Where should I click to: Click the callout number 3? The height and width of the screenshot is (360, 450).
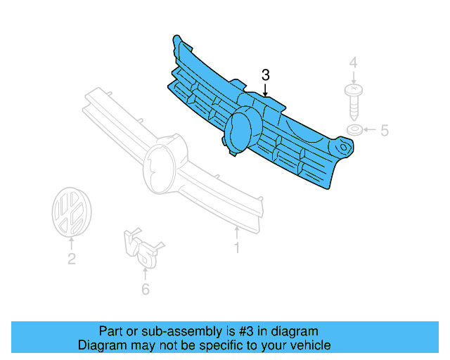click(266, 75)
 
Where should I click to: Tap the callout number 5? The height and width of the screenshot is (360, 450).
click(384, 130)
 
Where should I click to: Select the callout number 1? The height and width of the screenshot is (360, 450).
click(237, 247)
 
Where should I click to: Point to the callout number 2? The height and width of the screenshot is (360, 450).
click(71, 259)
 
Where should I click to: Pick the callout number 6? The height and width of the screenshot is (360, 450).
click(145, 288)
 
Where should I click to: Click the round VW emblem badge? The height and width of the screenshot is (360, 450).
click(70, 211)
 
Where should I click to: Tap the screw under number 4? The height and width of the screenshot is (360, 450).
click(354, 100)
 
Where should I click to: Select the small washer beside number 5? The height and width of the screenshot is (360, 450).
click(355, 130)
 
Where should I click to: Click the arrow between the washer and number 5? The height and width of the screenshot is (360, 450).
click(371, 130)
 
